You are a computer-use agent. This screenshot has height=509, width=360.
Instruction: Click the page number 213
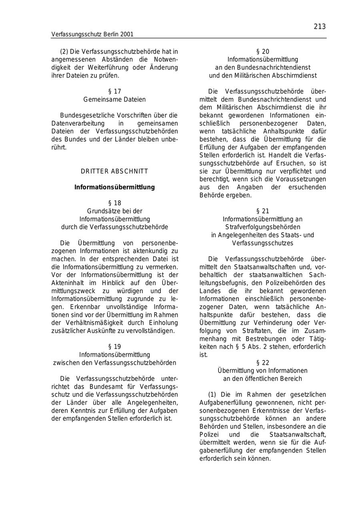tap(320, 27)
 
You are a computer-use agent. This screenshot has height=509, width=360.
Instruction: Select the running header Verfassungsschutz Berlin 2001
tap(92, 34)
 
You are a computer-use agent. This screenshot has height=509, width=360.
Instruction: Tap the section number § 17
tap(114, 91)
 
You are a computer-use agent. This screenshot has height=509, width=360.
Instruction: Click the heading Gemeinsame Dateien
tap(114, 99)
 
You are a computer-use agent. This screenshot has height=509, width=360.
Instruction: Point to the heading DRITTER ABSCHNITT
tap(114, 171)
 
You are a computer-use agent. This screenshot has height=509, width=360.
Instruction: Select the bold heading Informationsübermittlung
tap(114, 187)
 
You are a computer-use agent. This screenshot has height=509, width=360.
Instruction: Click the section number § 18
tap(114, 203)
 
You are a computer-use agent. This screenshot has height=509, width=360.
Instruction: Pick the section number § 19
tap(114, 347)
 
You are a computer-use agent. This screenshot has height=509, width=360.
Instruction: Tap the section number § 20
tap(262, 52)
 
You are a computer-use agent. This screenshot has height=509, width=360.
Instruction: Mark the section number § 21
tap(262, 211)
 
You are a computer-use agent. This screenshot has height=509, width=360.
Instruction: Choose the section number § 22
tap(262, 363)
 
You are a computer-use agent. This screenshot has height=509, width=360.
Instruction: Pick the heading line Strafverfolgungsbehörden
tap(262, 227)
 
